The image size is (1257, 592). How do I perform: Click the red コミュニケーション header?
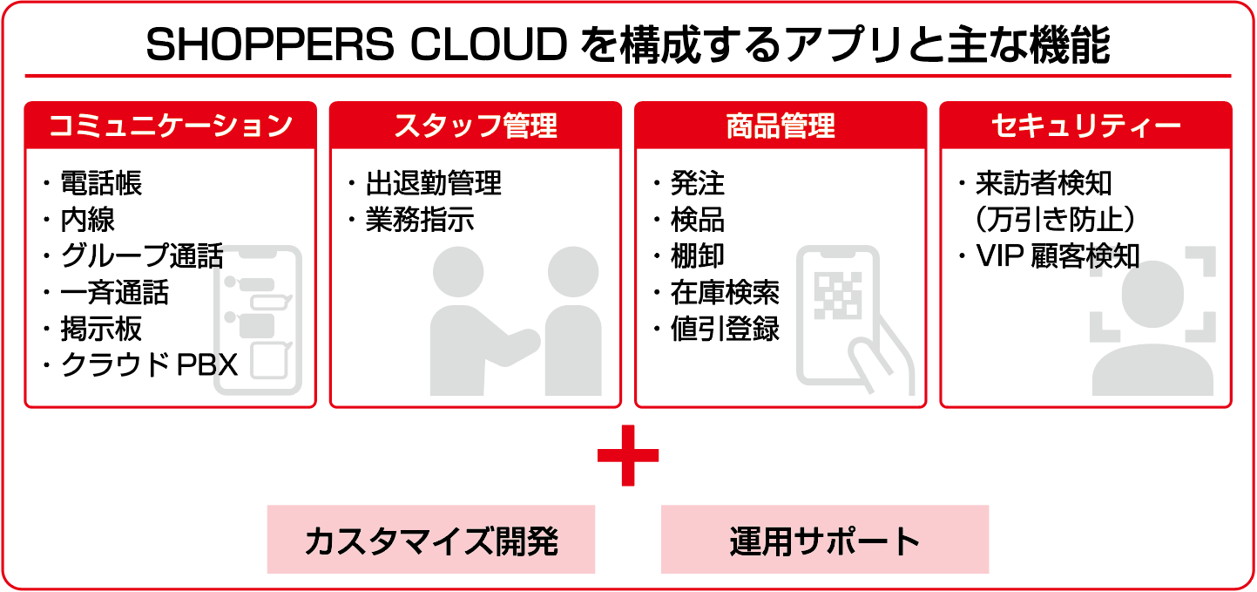pyautogui.click(x=170, y=126)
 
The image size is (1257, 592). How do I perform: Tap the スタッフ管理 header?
pyautogui.click(x=475, y=126)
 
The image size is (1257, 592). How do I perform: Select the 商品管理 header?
pyautogui.click(x=781, y=126)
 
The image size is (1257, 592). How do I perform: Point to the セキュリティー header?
pyautogui.click(x=1085, y=126)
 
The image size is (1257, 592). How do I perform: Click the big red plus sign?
pyautogui.click(x=628, y=455)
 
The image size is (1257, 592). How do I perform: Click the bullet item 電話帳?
pyautogui.click(x=100, y=183)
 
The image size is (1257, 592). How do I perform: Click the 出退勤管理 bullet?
pyautogui.click(x=433, y=183)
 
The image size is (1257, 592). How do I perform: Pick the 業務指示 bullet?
pyautogui.click(x=420, y=220)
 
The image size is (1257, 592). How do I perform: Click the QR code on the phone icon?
pyautogui.click(x=837, y=297)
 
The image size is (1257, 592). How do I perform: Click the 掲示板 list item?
pyautogui.click(x=100, y=329)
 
